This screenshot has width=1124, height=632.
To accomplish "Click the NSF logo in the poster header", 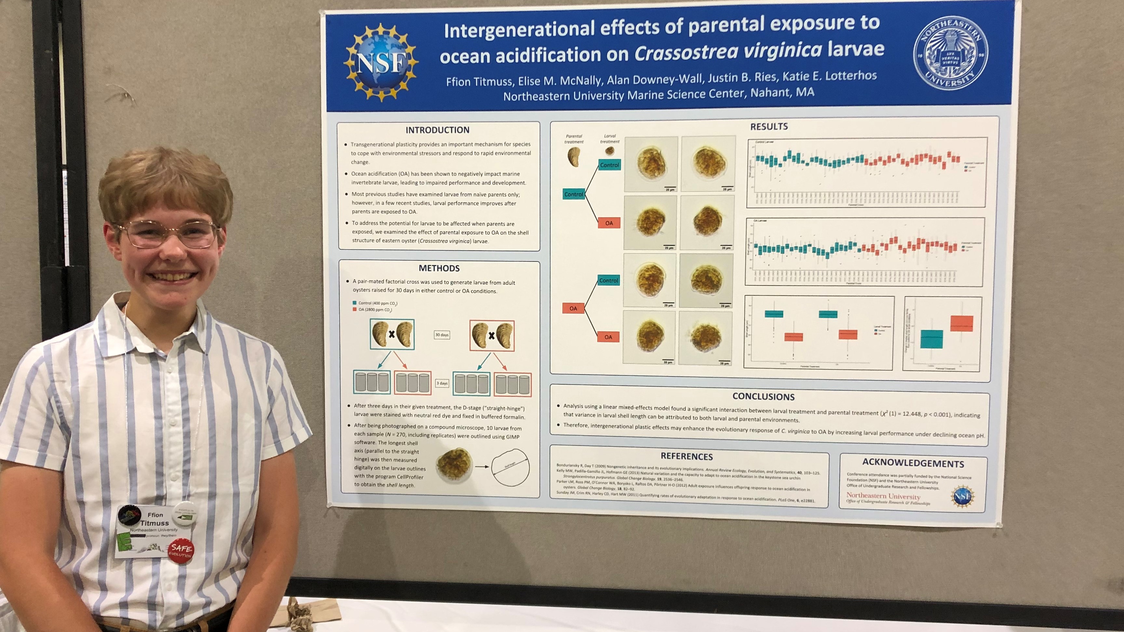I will point(381,62).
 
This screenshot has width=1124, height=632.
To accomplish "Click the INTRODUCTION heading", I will point(437,130).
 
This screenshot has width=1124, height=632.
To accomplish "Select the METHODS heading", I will point(439,268).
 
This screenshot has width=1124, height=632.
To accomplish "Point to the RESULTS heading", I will point(769,126).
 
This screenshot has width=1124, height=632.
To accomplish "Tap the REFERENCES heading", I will point(686,456).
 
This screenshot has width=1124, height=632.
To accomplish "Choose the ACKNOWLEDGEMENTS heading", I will point(913,463).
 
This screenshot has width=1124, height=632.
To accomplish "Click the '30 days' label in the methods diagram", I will point(442,335).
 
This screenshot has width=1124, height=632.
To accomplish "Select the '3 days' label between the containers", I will point(442,383).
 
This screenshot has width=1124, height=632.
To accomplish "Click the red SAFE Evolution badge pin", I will point(181,551).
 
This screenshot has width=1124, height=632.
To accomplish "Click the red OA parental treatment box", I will point(573,309).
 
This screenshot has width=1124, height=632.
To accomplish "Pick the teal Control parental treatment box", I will point(573,194).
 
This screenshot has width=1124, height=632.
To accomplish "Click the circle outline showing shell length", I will point(510,467).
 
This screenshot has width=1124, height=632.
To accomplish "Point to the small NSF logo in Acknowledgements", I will point(962,496).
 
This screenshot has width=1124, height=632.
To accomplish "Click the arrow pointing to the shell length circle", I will point(482,467).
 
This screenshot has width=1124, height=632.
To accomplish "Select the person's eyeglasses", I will point(168,234).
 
